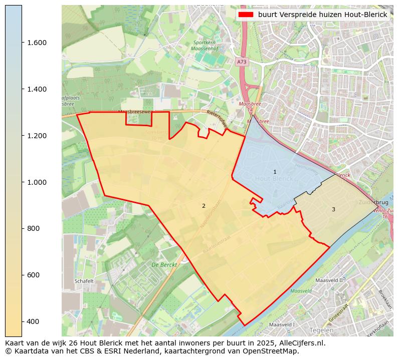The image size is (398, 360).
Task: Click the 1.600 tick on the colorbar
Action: tap(37, 43)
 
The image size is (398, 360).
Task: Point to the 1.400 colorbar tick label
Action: tap(37, 89)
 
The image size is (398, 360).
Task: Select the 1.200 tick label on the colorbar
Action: tap(37, 136)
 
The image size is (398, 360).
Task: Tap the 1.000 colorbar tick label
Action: tap(37, 182)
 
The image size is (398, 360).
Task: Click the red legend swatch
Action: tap(246, 15)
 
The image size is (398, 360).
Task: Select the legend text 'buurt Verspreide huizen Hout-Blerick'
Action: tap(322, 15)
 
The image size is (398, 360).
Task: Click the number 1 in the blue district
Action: tap(275, 172)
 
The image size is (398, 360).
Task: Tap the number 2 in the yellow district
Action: tap(204, 206)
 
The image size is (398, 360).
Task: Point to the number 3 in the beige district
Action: tap(333, 209)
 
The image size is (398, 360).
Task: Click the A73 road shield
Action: tap(242, 62)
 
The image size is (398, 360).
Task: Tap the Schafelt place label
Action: tap(84, 281)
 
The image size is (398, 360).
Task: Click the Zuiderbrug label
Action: tap(373, 202)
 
